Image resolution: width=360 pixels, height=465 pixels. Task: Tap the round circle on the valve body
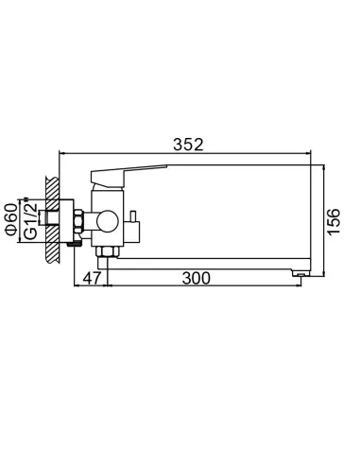point(106,222)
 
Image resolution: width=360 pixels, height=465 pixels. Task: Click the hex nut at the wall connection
point(77,222)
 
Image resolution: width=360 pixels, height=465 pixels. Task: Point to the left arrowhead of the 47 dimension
point(77,285)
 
